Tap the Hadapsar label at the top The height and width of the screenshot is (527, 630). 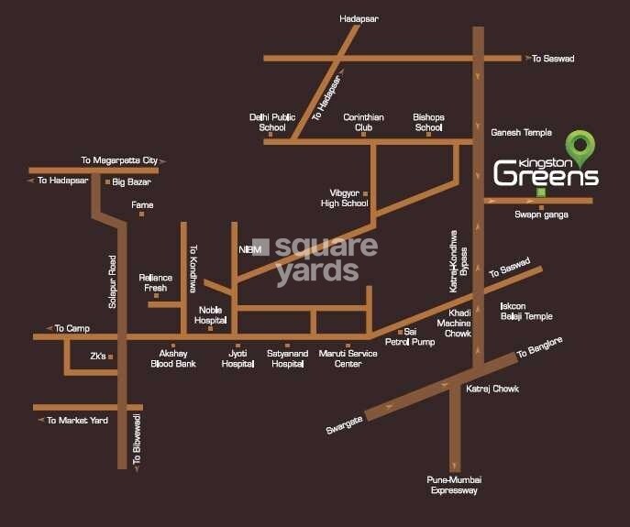click(x=359, y=17)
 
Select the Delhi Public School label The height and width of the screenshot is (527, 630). click(x=272, y=122)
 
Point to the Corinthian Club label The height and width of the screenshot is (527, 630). click(x=364, y=122)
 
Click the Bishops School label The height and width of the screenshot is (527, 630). click(x=428, y=122)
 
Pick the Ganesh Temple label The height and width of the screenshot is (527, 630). click(x=522, y=133)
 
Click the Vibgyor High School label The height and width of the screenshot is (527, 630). click(x=348, y=198)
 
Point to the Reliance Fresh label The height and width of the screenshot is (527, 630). click(x=155, y=282)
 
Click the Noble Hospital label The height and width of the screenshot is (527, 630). click(x=211, y=314)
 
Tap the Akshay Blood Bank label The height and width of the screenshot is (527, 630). click(x=173, y=358)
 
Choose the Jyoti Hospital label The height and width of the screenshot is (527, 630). click(x=238, y=358)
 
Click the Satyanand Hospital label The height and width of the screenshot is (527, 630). click(x=286, y=358)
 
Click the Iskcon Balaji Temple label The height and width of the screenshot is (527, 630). click(x=525, y=311)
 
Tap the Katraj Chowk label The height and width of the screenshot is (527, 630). click(x=492, y=389)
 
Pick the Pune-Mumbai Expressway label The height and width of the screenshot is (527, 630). click(x=454, y=485)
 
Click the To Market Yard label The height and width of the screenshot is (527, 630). click(x=77, y=420)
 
